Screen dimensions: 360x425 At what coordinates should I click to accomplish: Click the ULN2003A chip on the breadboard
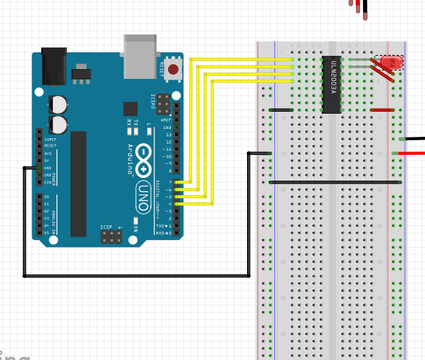point(331,84)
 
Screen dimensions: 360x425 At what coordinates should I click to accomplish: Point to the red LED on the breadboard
point(392,63)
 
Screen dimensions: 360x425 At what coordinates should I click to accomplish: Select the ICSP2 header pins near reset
point(163,104)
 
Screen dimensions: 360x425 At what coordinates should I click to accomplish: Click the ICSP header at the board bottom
point(110,238)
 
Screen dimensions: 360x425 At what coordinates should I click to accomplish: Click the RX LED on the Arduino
point(130,130)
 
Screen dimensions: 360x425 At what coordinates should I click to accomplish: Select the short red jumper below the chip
point(382,110)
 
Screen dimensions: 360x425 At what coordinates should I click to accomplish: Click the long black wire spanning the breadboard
point(335,183)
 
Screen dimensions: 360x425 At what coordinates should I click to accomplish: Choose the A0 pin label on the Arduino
point(47,197)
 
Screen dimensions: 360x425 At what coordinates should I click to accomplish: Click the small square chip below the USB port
point(131,108)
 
